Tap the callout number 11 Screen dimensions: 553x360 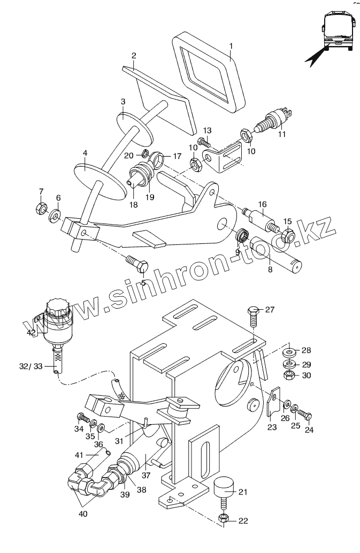(282, 134)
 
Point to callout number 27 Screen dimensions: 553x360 (270, 310)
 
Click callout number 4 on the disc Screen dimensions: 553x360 (84, 153)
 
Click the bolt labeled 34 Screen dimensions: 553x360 (82, 417)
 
